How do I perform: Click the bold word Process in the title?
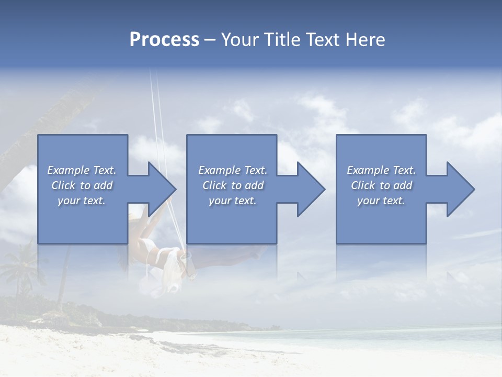[164, 40]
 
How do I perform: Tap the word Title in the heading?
[282, 40]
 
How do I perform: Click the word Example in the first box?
[68, 170]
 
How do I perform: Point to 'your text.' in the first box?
[82, 201]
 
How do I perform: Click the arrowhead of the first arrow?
[162, 189]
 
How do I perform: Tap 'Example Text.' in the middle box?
[232, 170]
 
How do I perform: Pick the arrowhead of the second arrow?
[311, 189]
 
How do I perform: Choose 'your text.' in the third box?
[381, 201]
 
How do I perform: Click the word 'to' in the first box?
[86, 185]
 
